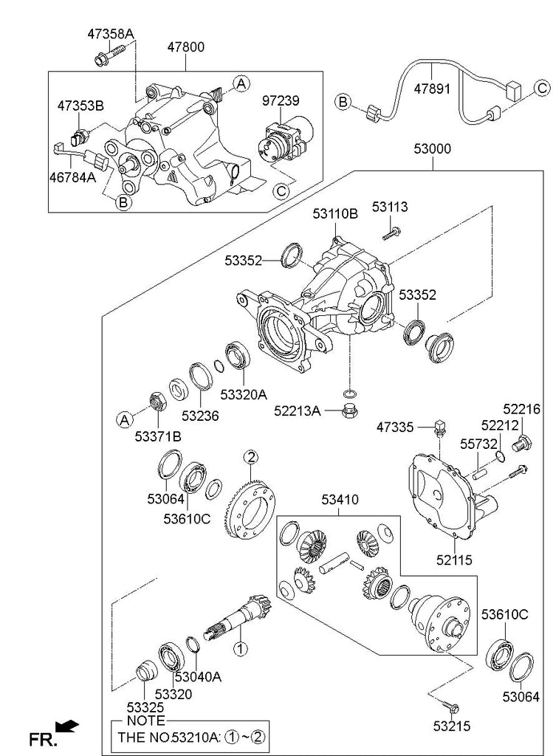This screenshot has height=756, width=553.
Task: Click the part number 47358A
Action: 111,34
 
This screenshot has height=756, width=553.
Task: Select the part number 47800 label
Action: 186,47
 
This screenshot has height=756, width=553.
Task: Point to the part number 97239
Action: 281,100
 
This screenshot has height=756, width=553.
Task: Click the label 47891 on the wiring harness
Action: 433,89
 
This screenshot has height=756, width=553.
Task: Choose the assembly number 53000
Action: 433,149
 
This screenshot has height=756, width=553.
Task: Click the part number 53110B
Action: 335,213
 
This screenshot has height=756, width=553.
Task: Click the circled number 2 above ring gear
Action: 251,457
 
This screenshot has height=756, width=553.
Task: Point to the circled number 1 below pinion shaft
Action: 240,648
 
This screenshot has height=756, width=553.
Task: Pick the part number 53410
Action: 340,500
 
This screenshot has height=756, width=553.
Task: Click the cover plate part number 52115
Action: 455,560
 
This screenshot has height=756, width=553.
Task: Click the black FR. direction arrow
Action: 66,726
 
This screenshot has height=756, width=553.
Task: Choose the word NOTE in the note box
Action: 145,721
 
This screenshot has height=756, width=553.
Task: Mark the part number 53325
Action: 145,707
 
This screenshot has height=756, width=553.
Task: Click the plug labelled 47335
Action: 439,429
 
